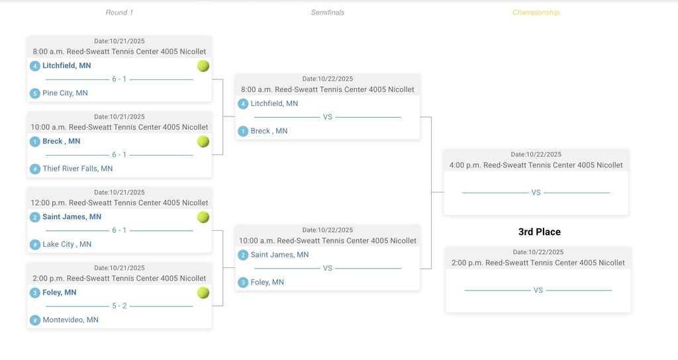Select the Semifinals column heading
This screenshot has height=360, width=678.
pyautogui.click(x=328, y=13)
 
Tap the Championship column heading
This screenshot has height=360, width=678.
pyautogui.click(x=536, y=13)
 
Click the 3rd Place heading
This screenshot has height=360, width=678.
pyautogui.click(x=539, y=232)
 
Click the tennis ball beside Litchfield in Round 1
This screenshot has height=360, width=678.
pyautogui.click(x=203, y=66)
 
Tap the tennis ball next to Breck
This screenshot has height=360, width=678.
pyautogui.click(x=203, y=142)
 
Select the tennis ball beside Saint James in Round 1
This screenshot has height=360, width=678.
pyautogui.click(x=203, y=217)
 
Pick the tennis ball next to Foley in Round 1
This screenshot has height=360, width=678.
pyautogui.click(x=203, y=292)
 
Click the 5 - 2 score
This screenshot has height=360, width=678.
pyautogui.click(x=119, y=306)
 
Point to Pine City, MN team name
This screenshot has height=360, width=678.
pyautogui.click(x=65, y=93)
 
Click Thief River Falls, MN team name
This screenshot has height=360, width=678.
pyautogui.click(x=77, y=169)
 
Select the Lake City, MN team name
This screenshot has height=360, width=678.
pyautogui.click(x=67, y=244)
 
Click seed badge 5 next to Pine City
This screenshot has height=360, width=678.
pyautogui.click(x=35, y=93)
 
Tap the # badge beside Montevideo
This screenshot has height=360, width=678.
pyautogui.click(x=35, y=320)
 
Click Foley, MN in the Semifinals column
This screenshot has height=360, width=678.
pyautogui.click(x=267, y=283)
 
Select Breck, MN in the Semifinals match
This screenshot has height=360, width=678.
pyautogui.click(x=269, y=131)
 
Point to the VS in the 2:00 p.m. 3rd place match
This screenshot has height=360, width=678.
pyautogui.click(x=538, y=291)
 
